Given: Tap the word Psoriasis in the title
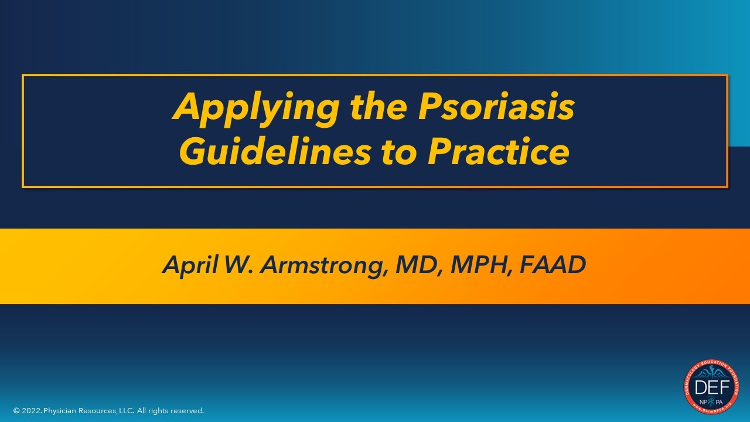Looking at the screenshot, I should (495, 107).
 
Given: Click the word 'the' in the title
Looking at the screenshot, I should (378, 107).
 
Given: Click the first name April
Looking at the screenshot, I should (190, 266).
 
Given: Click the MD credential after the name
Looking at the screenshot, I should (415, 266).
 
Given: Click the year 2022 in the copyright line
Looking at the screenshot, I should (32, 411).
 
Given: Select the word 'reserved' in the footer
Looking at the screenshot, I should (186, 411).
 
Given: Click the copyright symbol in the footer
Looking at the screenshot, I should (16, 411).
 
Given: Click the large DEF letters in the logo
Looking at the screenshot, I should (711, 387).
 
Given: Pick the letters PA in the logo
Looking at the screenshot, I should (720, 401).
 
